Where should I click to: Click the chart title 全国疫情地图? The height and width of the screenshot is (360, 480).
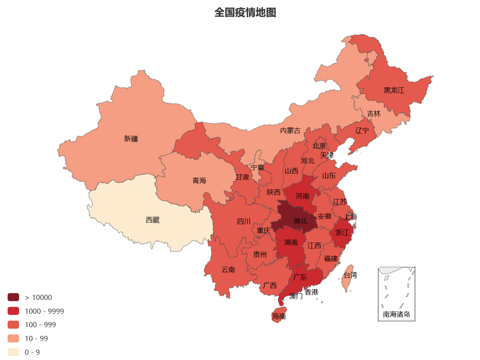coord(245,13)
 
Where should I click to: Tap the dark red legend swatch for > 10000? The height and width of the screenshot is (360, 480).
coord(13,297)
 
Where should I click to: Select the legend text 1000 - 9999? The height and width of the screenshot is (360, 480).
coord(44,311)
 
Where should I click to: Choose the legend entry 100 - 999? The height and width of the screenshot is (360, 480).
coord(40,325)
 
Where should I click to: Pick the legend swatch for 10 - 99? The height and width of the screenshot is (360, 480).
coord(13,338)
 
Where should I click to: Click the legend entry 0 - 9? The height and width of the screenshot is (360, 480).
coord(32,352)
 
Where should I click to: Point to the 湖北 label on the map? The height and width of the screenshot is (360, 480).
coord(300,221)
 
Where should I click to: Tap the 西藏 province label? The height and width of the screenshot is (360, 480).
coord(152,220)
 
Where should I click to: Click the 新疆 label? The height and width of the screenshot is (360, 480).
coord(131,139)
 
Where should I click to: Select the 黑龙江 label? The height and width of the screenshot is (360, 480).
coord(394,90)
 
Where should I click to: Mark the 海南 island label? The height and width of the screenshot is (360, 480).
coord(279,316)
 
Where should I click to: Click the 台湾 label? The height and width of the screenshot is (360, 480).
coord(350,275)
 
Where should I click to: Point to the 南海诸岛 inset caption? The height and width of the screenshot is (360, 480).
coord(396,315)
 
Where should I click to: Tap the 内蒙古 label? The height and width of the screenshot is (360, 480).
coord(290,131)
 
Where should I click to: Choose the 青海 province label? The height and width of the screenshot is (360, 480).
coord(200,181)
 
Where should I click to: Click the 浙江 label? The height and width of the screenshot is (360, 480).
coord(342,232)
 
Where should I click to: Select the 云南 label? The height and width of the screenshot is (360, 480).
coord(228,270)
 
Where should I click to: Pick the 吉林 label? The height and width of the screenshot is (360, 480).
coord(374,114)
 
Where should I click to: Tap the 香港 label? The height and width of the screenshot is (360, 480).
coord(311,292)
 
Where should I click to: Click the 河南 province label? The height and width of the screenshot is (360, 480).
coord(302,196)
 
